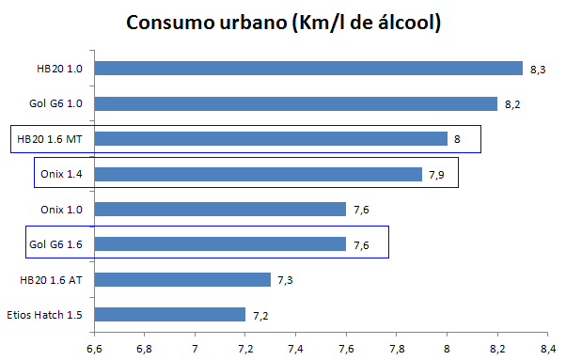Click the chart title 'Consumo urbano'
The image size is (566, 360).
283,22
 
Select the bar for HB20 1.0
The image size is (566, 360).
308,68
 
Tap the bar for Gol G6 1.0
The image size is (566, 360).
296,103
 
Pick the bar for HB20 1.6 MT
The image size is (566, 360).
271,139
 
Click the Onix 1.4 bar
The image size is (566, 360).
259,174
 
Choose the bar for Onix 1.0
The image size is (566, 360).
220,209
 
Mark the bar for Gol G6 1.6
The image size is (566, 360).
220,244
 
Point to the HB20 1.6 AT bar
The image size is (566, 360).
182,279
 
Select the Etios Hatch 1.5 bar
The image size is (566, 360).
170,314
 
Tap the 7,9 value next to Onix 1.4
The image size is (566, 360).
436,175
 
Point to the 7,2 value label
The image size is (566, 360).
259,315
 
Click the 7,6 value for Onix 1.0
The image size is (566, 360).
361,210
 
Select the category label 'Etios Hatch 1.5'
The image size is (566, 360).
50,314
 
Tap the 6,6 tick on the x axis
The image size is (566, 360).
94,348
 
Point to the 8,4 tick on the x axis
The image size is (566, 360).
547,348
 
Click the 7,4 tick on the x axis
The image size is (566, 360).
295,348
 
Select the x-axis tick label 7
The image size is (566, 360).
195,348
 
